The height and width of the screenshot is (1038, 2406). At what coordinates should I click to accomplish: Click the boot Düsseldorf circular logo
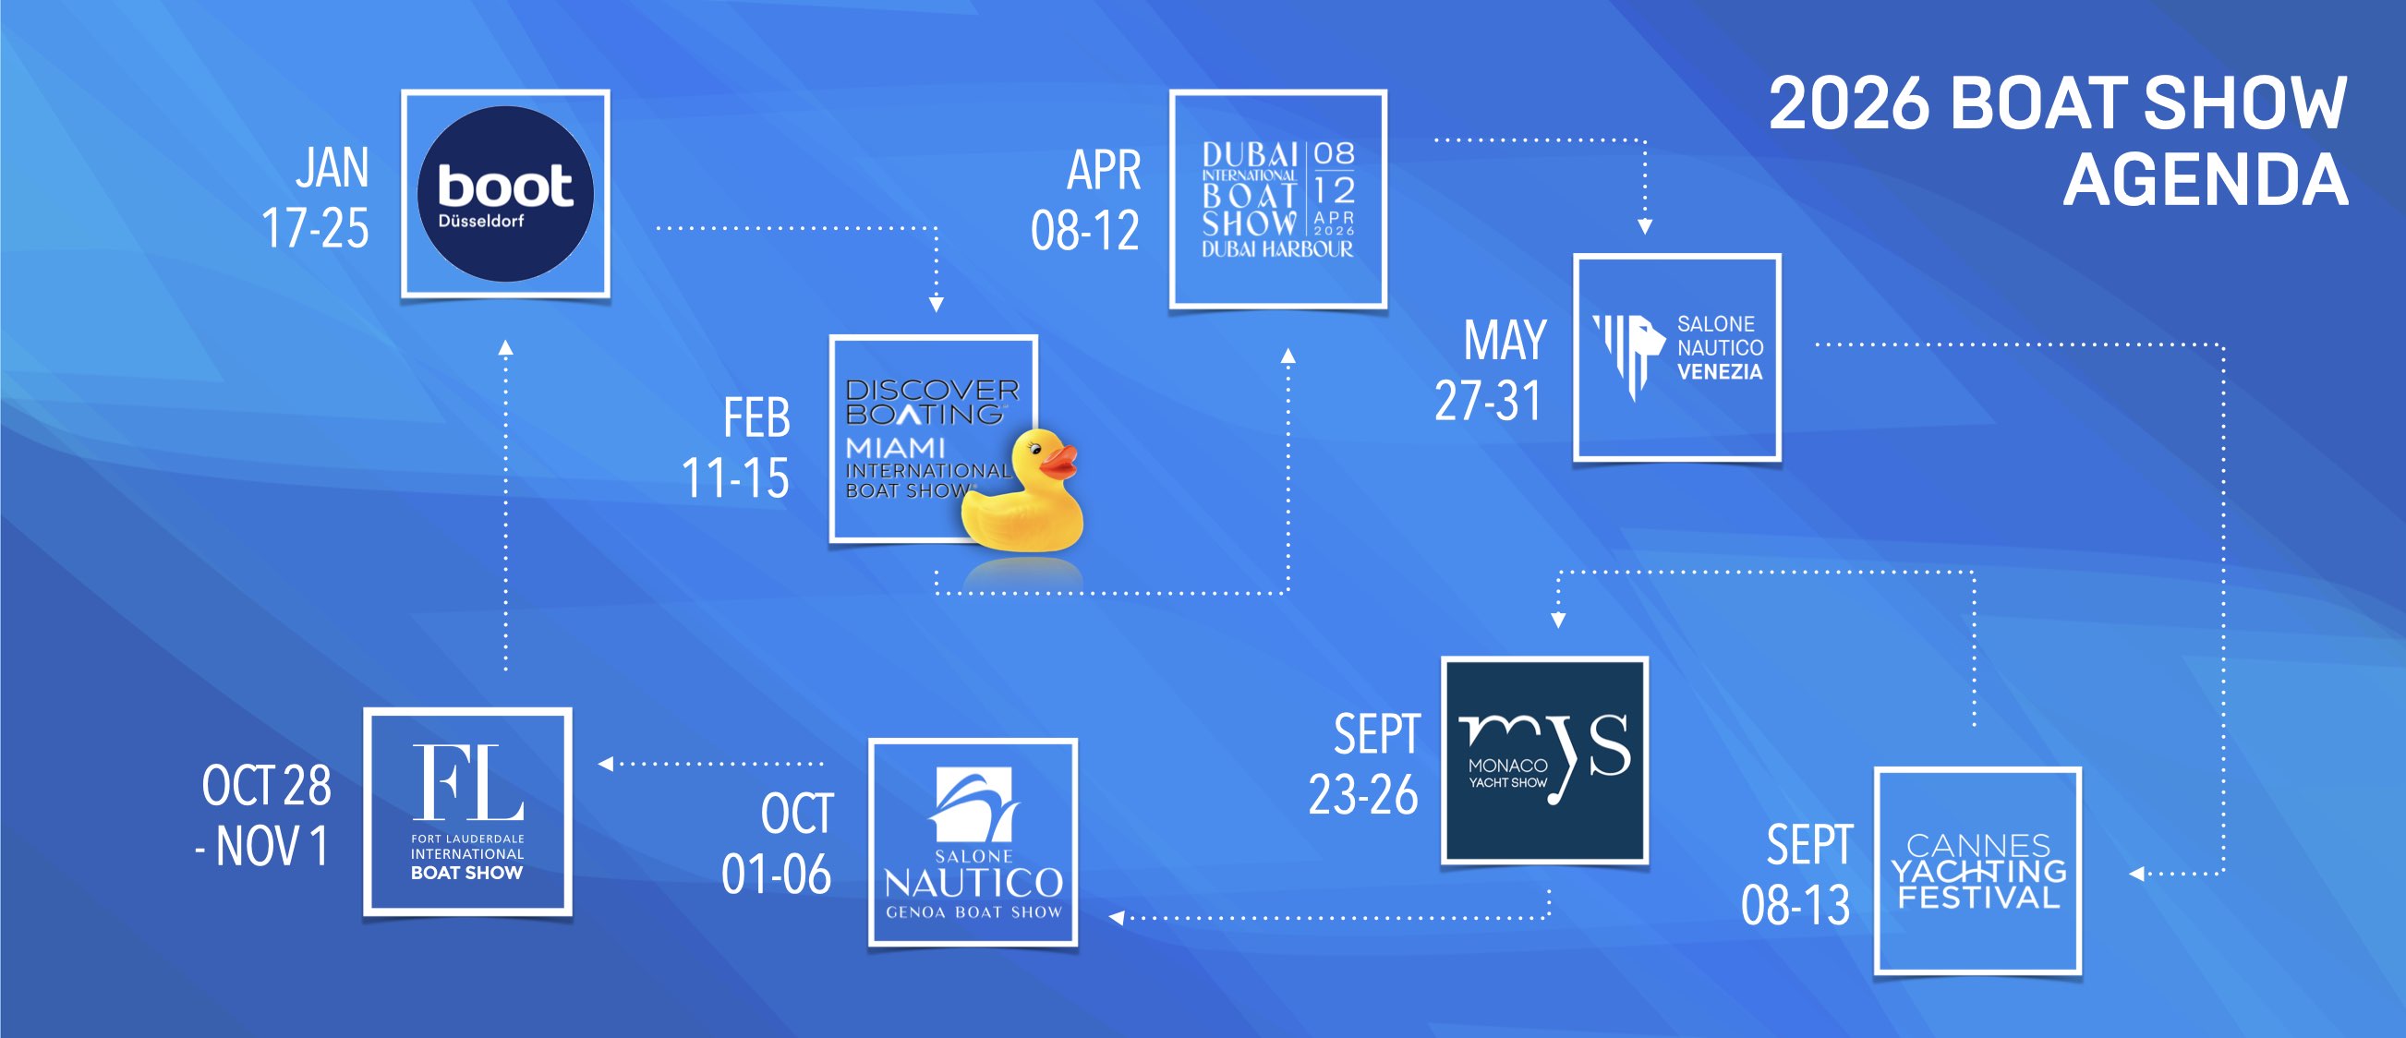coord(505,193)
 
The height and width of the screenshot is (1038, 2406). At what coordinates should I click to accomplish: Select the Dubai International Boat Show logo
coord(1277,199)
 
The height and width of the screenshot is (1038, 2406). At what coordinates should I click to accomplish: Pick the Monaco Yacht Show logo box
coord(1544,759)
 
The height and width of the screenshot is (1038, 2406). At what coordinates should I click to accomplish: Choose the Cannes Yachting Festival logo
coord(1978,871)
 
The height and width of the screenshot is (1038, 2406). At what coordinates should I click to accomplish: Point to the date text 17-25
coord(315,228)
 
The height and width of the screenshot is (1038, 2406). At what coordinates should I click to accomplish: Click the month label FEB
coord(756,417)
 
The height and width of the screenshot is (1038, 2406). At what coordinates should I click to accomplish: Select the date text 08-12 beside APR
coord(1084,231)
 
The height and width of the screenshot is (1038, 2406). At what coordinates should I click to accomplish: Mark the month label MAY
coord(1505,340)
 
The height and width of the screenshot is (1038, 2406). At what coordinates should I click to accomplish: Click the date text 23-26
coord(1362,795)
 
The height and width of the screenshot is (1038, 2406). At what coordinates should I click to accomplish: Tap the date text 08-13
coord(1795,905)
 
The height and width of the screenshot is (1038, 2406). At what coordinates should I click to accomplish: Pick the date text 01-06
coord(775,875)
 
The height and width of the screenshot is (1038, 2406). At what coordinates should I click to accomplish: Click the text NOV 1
coord(272,847)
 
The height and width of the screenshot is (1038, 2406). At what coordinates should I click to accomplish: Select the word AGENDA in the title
coord(2206,179)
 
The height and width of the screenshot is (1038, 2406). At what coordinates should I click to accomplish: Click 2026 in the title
coord(1848,103)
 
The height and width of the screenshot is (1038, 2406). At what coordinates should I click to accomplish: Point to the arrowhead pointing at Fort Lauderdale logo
coord(605,764)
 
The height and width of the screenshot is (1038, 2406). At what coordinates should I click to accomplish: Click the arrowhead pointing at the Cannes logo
coord(2135,874)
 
